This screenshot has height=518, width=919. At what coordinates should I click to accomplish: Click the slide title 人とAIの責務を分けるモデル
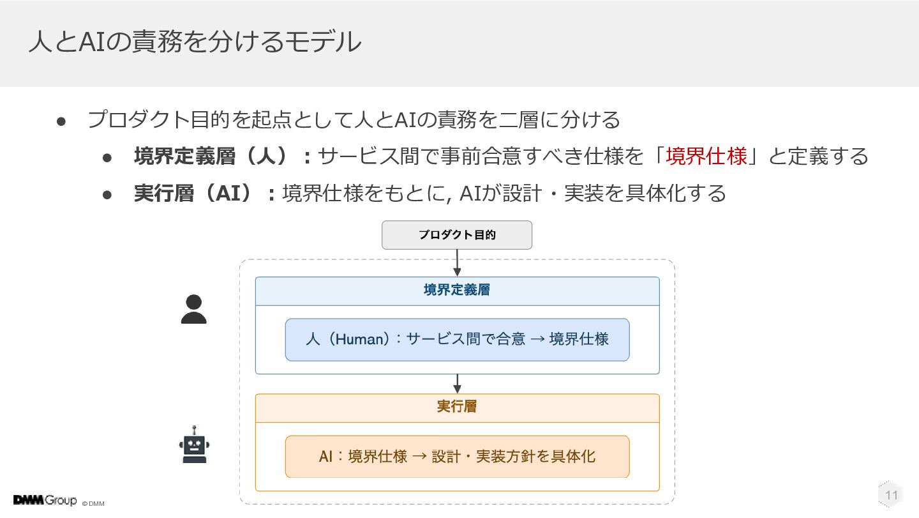coord(195,42)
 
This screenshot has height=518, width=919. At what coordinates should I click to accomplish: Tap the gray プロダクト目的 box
coord(457,235)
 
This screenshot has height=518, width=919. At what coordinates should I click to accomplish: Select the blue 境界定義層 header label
coord(457,290)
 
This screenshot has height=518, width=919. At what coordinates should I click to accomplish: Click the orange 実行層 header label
coord(457,406)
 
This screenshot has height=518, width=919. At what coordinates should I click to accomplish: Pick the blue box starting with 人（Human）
coord(458,339)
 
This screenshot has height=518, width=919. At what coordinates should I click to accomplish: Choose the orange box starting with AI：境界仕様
coord(458,457)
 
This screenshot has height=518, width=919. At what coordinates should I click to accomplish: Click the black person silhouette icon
coord(193,309)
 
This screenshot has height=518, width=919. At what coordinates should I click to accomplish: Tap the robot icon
coord(194,445)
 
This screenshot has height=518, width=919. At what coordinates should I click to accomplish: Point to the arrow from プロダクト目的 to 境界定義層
coord(457,263)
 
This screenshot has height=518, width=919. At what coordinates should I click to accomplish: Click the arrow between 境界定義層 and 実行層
coord(457,384)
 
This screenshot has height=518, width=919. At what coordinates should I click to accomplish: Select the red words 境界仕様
coord(706,156)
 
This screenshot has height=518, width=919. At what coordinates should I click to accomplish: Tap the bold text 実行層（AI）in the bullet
coord(193,194)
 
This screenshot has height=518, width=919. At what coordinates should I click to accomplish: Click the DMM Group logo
coord(45,500)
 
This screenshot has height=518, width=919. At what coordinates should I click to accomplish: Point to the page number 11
coord(891,495)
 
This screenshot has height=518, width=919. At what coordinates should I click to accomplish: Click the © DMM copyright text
coord(93,504)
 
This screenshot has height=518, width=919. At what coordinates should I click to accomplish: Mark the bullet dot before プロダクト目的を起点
coord(61,121)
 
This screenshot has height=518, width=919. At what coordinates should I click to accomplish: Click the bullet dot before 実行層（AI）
coord(107,195)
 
